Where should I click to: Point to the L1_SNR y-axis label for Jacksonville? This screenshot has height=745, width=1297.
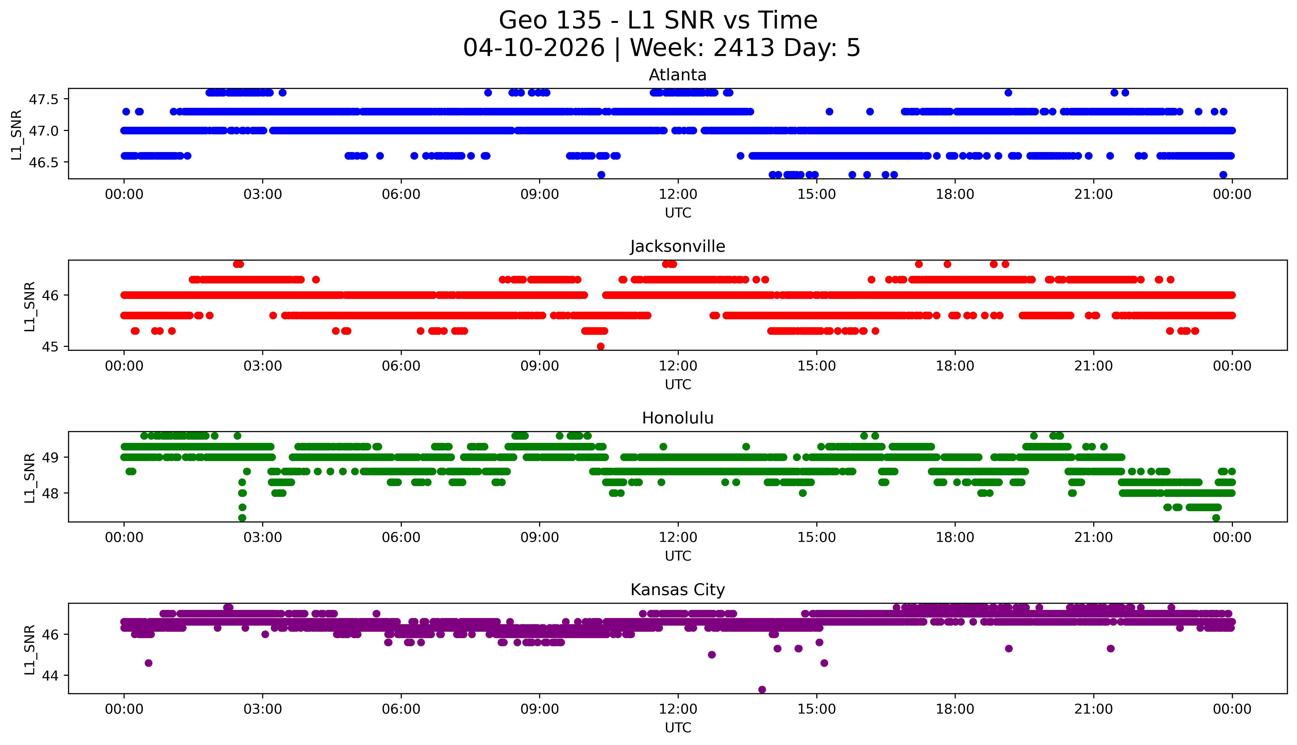tap(30, 306)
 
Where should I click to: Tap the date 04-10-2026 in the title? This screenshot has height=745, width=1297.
tap(534, 48)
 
